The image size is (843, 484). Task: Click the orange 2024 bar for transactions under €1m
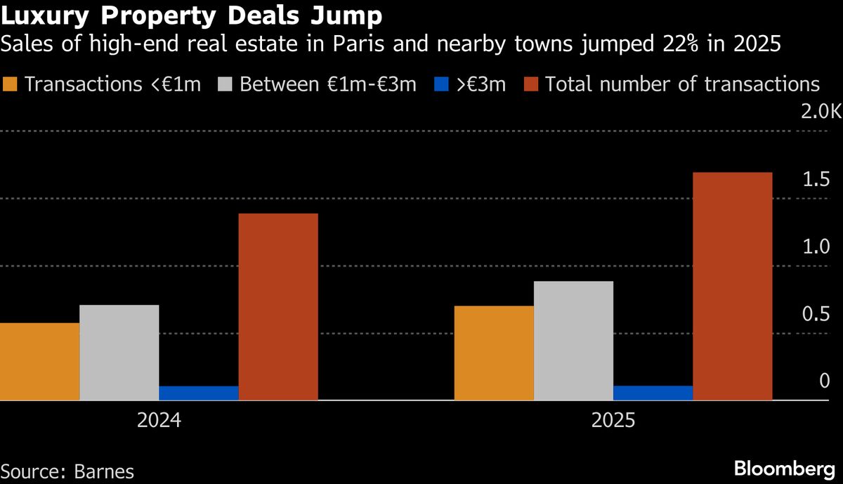coord(39,362)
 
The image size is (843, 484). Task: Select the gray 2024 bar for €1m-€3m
coord(119,353)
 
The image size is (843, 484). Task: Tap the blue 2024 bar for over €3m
coord(199,393)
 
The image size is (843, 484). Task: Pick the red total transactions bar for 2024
coord(278,307)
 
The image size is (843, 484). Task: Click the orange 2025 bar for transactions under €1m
coord(494,353)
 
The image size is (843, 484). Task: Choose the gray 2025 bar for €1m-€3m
coord(573,341)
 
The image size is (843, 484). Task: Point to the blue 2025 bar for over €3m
coord(653,393)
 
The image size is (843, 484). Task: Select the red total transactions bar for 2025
coord(733,287)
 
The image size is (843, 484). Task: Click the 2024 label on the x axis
coord(159,421)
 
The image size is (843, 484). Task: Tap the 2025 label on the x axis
coord(613,421)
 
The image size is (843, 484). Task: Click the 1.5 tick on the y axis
coord(816,180)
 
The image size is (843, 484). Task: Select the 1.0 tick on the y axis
coord(816,247)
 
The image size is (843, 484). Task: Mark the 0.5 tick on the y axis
coord(816,315)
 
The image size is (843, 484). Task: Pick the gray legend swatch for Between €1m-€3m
coord(226,85)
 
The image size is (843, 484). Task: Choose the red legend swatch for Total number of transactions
coord(531,85)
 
